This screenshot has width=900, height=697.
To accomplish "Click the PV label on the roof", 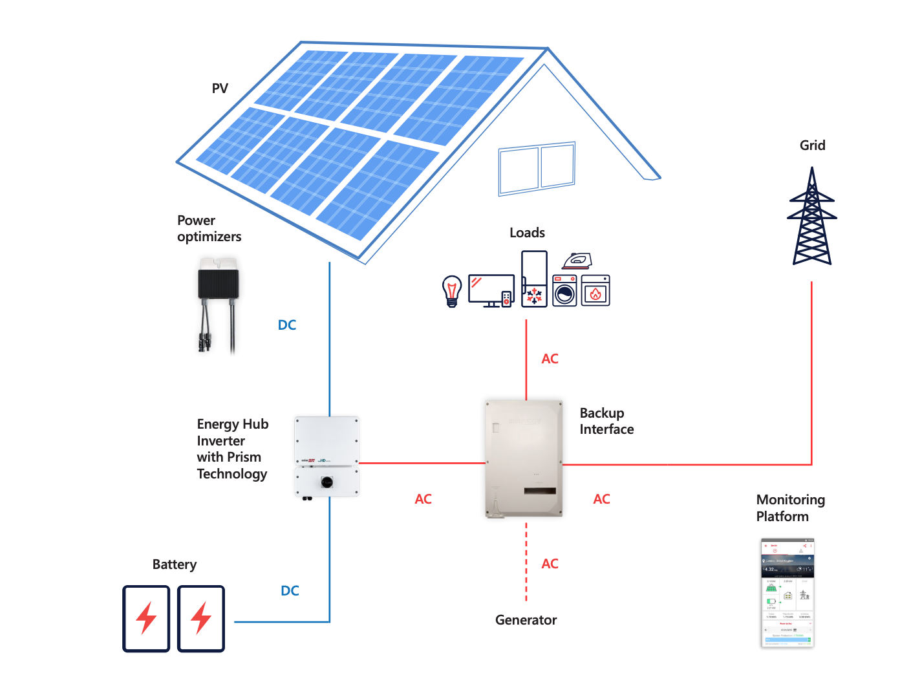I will pos(220,89).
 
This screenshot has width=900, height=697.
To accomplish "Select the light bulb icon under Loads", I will pos(452,291).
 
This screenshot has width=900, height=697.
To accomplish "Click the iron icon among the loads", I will pos(577,261).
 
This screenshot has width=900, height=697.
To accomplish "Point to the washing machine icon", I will pos(564,290).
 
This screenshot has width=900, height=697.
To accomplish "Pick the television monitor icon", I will pos(491,290).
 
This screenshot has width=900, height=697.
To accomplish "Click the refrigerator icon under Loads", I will pos(535,279).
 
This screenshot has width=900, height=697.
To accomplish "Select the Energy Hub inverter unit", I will pos(327,456).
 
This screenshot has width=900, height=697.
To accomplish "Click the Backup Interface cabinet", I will pos(524,458).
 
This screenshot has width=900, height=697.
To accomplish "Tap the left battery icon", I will pos(147,619).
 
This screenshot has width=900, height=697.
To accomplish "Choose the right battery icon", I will pos(201,619).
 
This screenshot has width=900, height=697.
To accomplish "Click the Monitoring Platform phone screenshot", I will pos(787,592).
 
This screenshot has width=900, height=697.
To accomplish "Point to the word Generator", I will pos(526,620).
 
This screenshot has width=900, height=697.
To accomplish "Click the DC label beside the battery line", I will pos(290,591).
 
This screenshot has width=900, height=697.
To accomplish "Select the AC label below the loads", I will pos(550,359).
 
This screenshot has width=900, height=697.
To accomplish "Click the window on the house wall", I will pos(537,168).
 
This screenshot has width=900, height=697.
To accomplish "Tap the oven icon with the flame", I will pos(595,290).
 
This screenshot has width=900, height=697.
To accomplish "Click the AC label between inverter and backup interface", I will pos(423,499).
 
